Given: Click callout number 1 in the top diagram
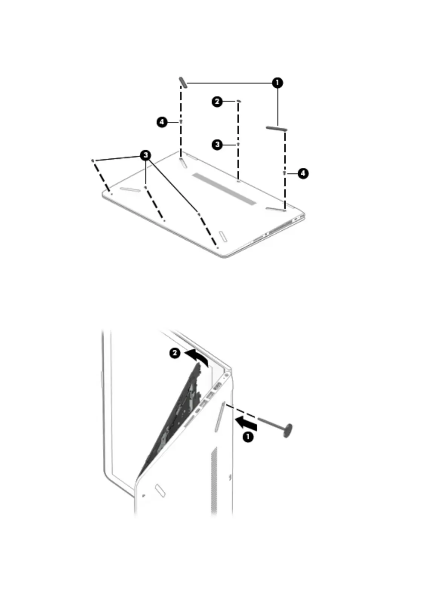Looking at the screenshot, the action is click(277, 83).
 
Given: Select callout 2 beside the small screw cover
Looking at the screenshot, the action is click(217, 101).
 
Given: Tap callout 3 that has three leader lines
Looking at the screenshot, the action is click(146, 155).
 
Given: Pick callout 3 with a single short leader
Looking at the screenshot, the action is click(217, 144).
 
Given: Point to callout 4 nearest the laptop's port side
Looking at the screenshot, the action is click(303, 173).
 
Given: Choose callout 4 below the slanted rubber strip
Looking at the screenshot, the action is click(162, 122).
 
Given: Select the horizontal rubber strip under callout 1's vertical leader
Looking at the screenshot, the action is click(277, 129).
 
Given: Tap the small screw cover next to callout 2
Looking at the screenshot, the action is click(239, 101).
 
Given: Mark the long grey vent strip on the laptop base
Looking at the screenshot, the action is click(225, 189).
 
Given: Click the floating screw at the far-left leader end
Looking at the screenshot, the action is click(93, 161).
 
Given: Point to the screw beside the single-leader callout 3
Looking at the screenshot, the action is click(238, 144).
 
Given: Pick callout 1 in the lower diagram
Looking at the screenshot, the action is click(248, 437).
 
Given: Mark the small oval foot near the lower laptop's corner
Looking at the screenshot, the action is click(160, 490).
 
